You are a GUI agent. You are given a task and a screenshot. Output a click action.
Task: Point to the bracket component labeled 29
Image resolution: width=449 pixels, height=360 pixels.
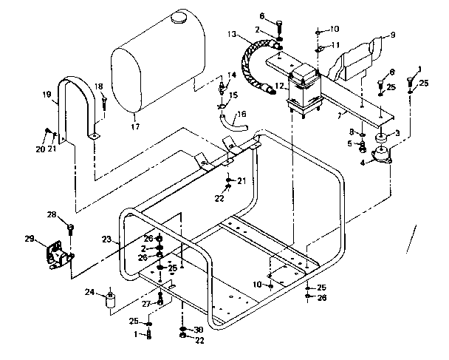click(58, 255)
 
